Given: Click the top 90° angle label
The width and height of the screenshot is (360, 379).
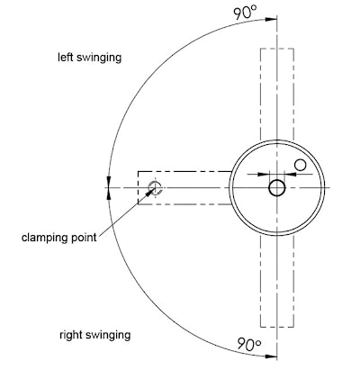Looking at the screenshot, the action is coord(246,14).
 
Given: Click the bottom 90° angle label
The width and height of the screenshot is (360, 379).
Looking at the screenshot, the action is coord(249,344).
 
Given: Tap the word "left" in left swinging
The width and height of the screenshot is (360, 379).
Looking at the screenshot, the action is coord(66,57).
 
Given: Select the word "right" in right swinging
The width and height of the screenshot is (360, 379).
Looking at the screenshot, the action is coord(70,335).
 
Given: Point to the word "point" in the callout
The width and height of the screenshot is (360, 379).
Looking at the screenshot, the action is coord(84,238).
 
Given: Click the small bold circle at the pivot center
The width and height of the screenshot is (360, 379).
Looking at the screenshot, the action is coord(277,188).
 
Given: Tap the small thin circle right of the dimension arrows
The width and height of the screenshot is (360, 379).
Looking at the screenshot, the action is coord(300,165).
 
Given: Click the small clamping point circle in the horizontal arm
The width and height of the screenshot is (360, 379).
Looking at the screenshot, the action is coord(155,188).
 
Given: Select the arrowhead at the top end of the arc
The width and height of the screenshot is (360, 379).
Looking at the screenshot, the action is coord(271,20).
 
